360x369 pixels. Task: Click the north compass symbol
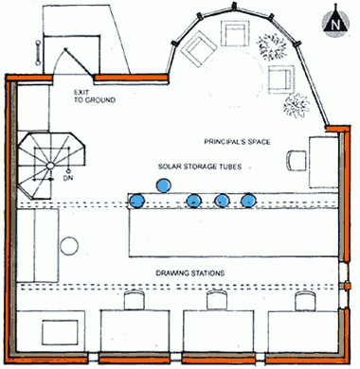[335, 21]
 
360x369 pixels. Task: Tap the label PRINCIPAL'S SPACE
[237, 142]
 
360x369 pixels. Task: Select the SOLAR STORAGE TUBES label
[200, 167]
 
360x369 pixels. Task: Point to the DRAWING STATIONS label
[190, 272]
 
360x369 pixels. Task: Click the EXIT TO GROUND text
[95, 97]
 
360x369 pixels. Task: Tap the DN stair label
[68, 178]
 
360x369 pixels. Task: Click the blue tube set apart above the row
[164, 185]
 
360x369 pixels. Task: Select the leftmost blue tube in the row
[137, 201]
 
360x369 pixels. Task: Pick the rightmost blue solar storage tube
[248, 201]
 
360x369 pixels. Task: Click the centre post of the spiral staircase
[50, 166]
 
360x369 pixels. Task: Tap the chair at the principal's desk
[297, 161]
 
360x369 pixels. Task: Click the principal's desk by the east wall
[323, 163]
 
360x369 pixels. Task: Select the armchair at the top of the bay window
[235, 33]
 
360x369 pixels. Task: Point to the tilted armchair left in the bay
[199, 48]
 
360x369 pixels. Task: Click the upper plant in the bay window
[272, 46]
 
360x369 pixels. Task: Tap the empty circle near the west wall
[69, 246]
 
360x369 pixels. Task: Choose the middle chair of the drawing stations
[217, 300]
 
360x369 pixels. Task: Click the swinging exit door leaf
[79, 63]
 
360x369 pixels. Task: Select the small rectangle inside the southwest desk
[60, 332]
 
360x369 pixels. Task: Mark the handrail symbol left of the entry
[38, 53]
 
